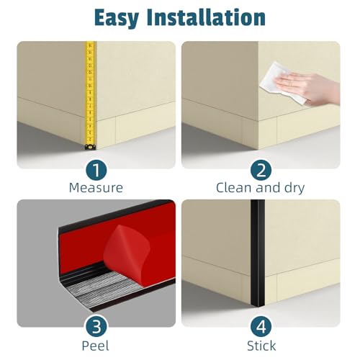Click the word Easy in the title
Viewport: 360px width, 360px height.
(x=117, y=18)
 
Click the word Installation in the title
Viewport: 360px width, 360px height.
(x=206, y=17)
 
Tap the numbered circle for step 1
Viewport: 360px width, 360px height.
(x=96, y=170)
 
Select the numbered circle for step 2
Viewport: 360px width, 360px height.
(x=261, y=170)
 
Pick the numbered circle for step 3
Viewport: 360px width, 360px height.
(x=96, y=327)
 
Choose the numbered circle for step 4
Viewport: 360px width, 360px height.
(x=261, y=327)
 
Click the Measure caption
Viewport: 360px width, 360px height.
(x=96, y=187)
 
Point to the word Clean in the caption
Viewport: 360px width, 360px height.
(x=234, y=187)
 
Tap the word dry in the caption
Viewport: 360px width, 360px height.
(x=294, y=189)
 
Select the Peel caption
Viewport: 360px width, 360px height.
(x=95, y=346)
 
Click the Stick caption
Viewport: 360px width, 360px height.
(x=261, y=346)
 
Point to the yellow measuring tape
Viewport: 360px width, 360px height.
(x=91, y=96)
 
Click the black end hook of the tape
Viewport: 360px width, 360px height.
(x=91, y=147)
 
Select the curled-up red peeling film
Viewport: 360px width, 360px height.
(x=127, y=250)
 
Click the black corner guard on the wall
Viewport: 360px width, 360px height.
(x=258, y=253)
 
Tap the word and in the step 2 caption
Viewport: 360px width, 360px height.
(x=268, y=187)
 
